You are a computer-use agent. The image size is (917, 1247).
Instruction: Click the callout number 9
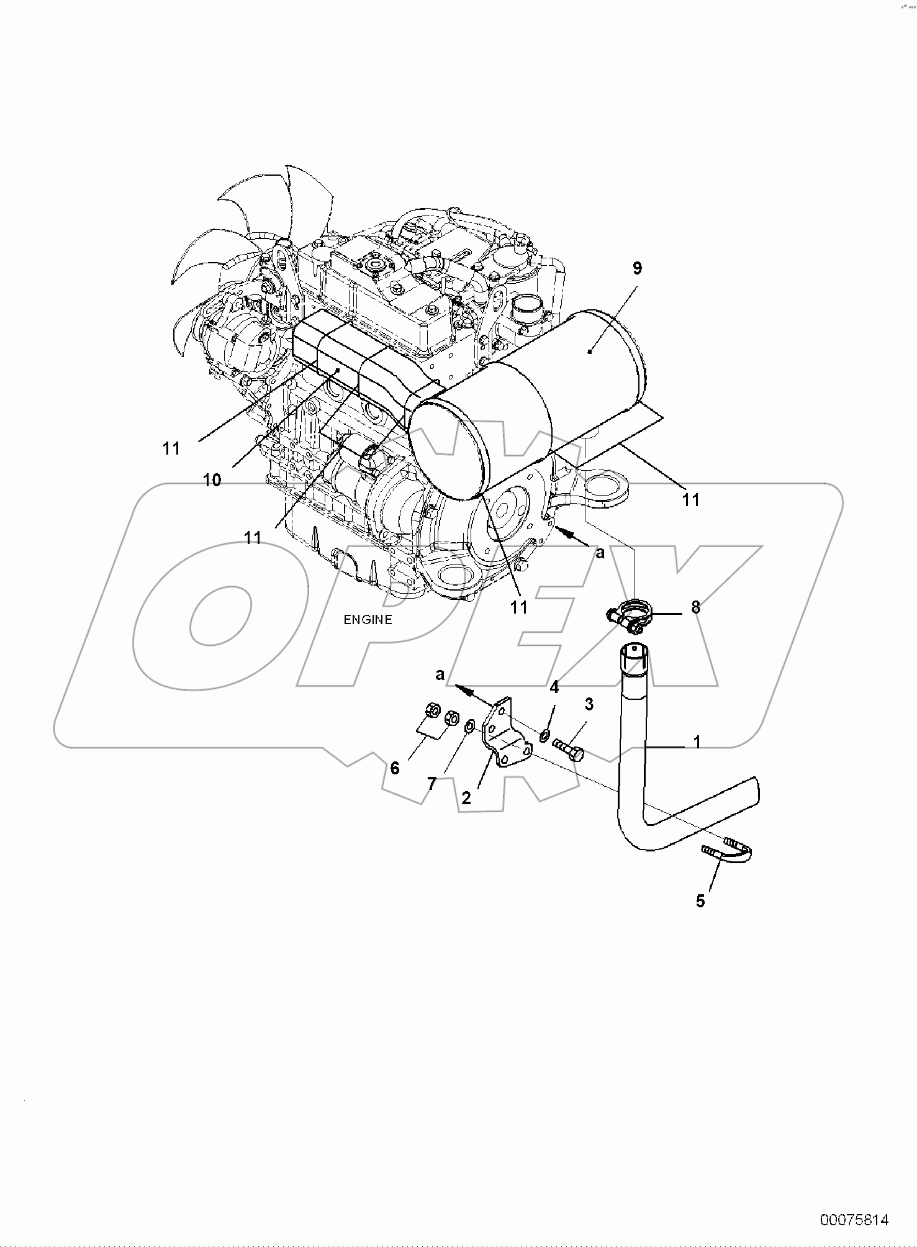tap(637, 269)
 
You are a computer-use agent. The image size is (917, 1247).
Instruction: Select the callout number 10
tap(212, 480)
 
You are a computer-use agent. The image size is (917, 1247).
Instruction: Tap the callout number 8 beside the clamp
tap(695, 607)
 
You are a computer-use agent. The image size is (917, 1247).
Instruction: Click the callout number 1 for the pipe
tap(697, 741)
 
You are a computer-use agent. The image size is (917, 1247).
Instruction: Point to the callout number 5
tap(700, 901)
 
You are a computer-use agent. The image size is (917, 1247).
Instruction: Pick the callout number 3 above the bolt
tap(589, 704)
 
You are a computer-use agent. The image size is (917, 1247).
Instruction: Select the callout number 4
tap(554, 687)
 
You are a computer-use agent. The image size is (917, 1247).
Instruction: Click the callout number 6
tap(395, 768)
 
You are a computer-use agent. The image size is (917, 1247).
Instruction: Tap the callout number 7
tap(432, 784)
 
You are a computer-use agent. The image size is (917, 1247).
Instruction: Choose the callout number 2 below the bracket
tap(466, 797)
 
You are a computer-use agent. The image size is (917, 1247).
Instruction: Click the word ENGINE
tap(369, 620)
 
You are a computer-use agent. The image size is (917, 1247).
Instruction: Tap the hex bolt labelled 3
tap(568, 746)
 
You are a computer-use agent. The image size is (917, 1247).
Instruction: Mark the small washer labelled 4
tap(544, 736)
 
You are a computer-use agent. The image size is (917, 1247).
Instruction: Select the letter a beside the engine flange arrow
tap(600, 553)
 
